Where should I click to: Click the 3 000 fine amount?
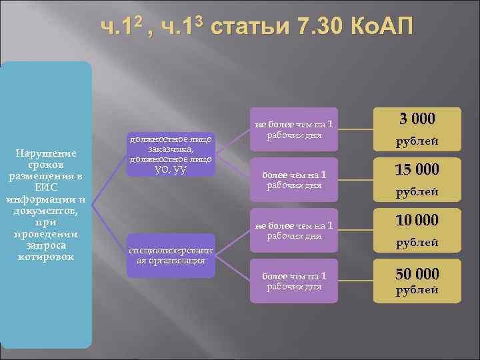pyautogui.click(x=417, y=119)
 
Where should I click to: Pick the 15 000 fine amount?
pyautogui.click(x=417, y=169)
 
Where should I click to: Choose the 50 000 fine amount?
pyautogui.click(x=417, y=273)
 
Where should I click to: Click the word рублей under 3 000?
pyautogui.click(x=417, y=141)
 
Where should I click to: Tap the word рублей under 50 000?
pyautogui.click(x=417, y=291)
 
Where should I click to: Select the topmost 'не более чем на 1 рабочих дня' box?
pyautogui.click(x=294, y=129)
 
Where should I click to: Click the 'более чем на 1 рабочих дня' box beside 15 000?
pyautogui.click(x=294, y=179)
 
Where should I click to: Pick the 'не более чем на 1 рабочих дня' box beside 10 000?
pyautogui.click(x=294, y=229)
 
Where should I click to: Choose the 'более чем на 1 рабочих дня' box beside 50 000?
pyautogui.click(x=294, y=281)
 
